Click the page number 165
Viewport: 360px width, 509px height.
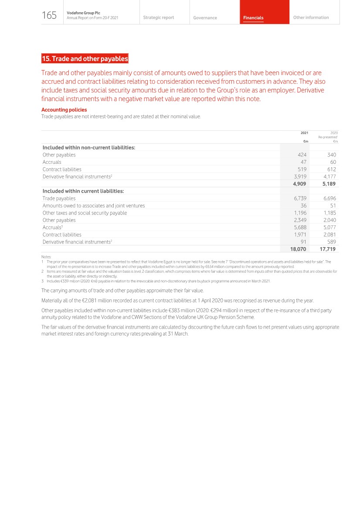click(x=49, y=16)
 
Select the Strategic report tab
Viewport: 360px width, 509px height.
click(x=158, y=17)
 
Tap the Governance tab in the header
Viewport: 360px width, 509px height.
click(x=205, y=18)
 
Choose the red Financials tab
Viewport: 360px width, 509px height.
click(x=253, y=18)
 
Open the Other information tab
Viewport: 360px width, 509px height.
click(x=311, y=17)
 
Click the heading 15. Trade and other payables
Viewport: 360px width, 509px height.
click(x=85, y=59)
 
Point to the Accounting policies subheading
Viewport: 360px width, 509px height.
click(x=64, y=110)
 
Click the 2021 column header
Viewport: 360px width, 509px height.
click(x=304, y=133)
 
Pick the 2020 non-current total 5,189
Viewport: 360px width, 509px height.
click(x=329, y=184)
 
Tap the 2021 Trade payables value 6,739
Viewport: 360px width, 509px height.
click(x=300, y=198)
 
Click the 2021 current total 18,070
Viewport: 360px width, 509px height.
click(x=298, y=249)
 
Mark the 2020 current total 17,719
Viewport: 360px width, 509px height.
click(x=327, y=249)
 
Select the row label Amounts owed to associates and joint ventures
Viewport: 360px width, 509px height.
click(x=94, y=206)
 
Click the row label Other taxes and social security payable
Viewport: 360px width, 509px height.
click(x=85, y=213)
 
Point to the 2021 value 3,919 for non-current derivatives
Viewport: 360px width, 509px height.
click(x=300, y=176)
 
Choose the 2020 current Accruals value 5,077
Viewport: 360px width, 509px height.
click(x=329, y=227)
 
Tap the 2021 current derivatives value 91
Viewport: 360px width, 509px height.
click(x=303, y=242)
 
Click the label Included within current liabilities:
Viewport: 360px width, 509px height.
click(x=83, y=191)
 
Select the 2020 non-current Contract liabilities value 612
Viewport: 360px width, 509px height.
click(x=332, y=170)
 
